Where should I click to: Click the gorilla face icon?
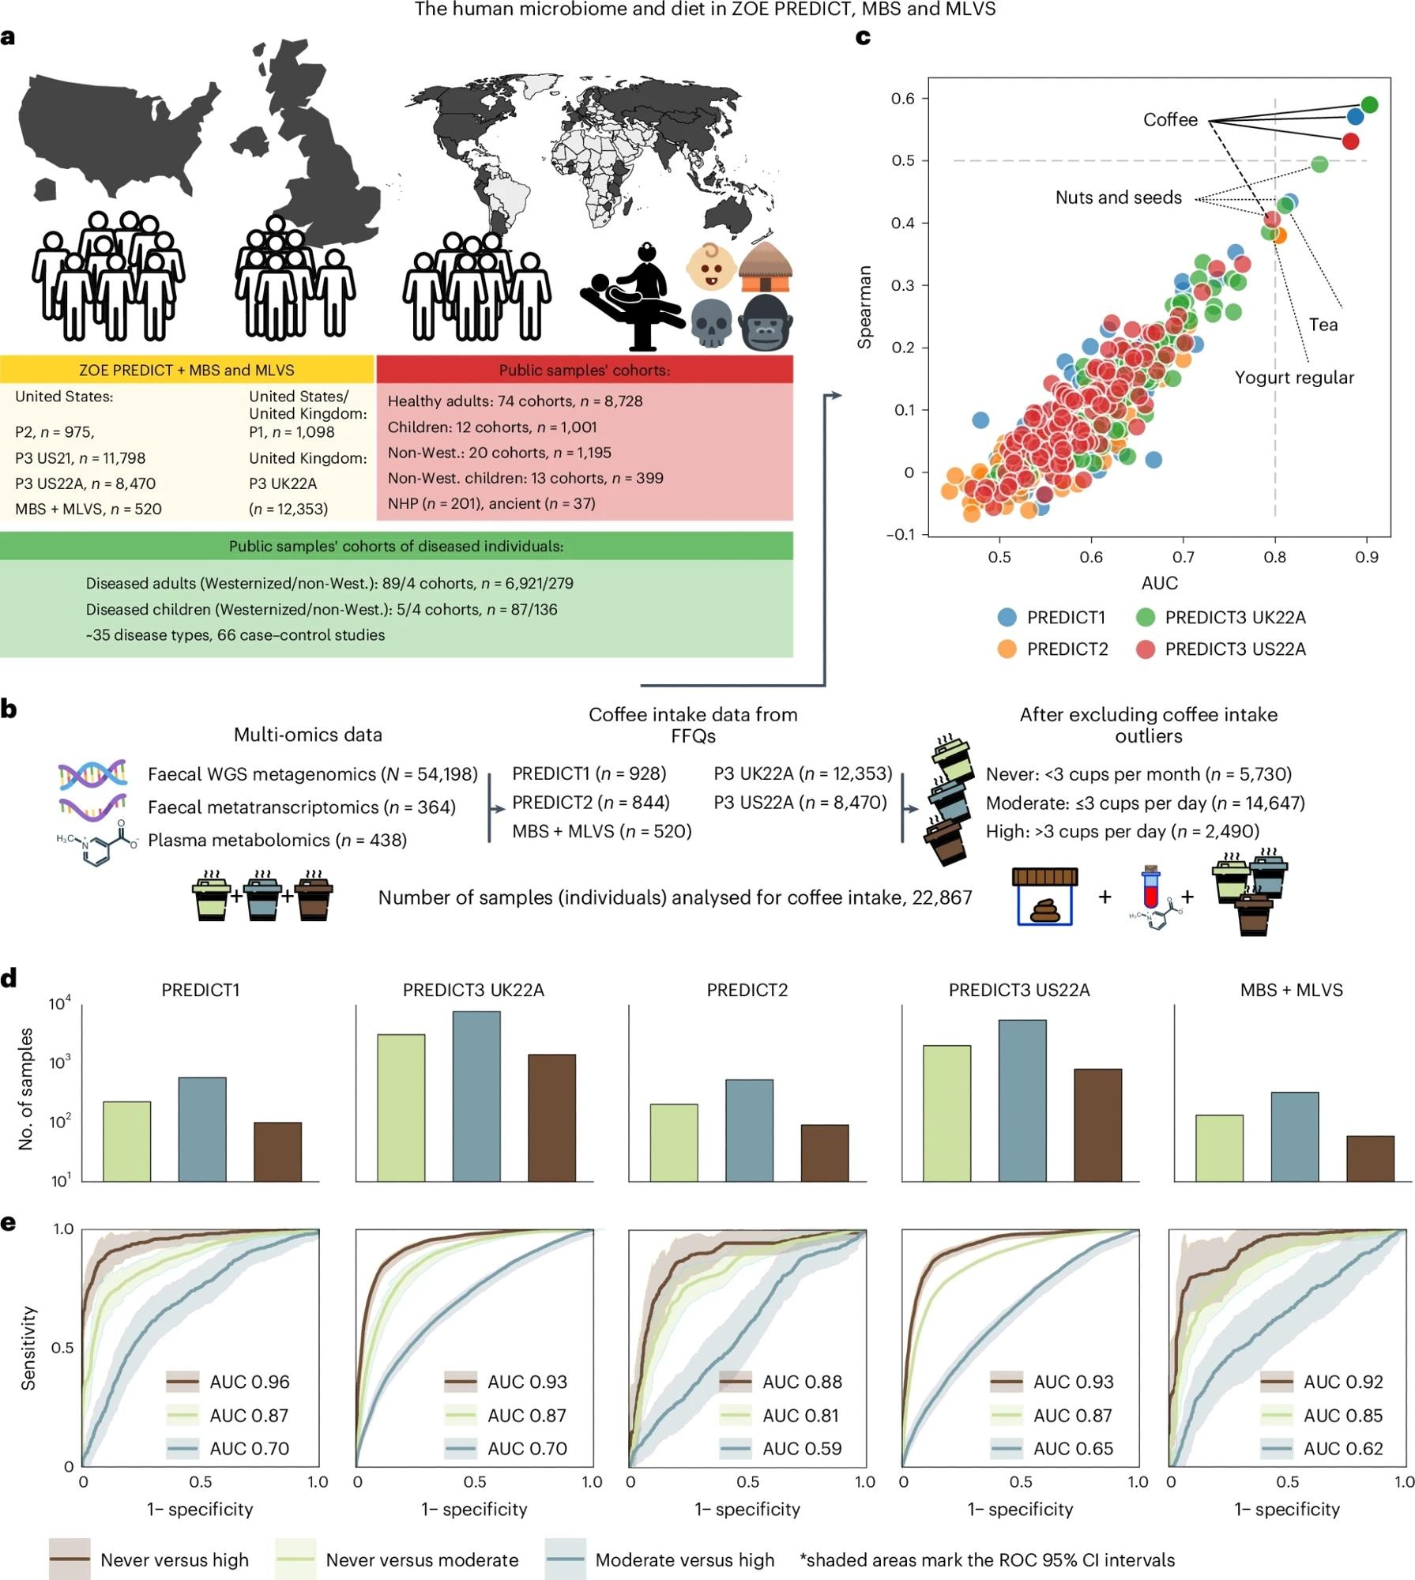pos(766,322)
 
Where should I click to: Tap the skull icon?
pos(711,323)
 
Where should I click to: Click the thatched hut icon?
pos(766,268)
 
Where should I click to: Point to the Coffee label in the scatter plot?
pos(1170,120)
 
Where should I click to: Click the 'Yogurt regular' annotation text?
pos(1294,378)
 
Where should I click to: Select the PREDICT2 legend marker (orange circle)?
pos(1007,649)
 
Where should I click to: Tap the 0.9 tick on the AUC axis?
pos(1367,557)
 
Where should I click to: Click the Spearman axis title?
pos(865,307)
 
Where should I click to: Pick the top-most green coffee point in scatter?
pos(1370,105)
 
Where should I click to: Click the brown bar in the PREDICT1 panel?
pos(277,1152)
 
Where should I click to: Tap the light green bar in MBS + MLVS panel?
pos(1219,1148)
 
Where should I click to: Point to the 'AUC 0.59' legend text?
pos(802,1448)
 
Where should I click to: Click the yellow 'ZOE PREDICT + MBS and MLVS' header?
pos(186,370)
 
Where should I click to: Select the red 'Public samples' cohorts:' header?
pos(585,370)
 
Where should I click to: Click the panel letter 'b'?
pos(9,709)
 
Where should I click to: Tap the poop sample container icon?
pos(1044,897)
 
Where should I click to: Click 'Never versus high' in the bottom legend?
pos(174,1559)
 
